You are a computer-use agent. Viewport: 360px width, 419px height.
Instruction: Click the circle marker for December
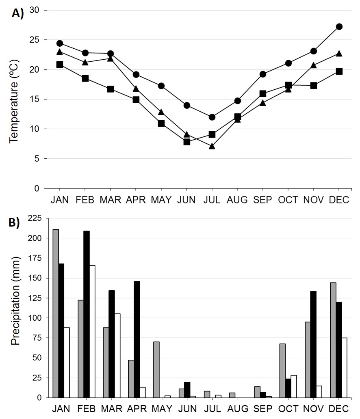339,26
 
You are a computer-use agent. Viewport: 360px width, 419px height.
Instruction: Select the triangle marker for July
212,146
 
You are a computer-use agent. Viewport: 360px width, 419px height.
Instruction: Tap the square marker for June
187,142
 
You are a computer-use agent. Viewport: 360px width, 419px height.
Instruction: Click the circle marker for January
60,43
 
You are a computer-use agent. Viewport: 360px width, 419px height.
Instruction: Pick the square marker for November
314,85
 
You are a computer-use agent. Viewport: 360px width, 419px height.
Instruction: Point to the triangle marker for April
136,89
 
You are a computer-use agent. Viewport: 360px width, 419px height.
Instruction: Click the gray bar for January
56,313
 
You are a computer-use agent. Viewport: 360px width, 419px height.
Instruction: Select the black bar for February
86,314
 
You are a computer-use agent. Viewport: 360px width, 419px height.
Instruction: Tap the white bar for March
117,356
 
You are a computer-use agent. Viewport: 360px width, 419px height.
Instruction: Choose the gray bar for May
156,369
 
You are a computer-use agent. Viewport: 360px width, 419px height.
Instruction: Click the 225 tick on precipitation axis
36,218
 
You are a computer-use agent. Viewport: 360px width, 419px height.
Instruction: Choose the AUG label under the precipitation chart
237,408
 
